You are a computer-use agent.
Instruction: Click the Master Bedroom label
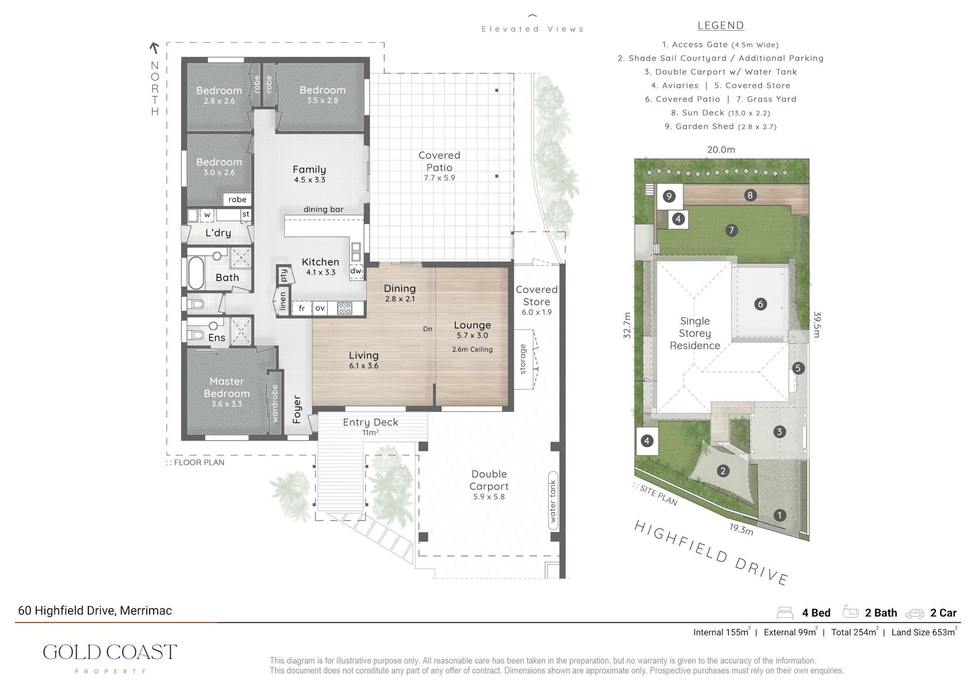point(227,387)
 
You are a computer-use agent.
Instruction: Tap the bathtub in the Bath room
point(196,273)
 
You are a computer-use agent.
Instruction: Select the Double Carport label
point(489,480)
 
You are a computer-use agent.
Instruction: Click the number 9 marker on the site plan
point(669,196)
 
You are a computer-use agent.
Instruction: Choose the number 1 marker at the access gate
point(780,515)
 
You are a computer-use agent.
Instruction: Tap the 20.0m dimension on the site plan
point(721,150)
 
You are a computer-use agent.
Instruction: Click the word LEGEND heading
point(721,26)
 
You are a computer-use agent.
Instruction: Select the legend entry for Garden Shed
point(721,126)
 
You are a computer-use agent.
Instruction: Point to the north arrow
point(155,48)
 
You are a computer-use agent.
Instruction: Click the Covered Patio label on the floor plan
point(439,161)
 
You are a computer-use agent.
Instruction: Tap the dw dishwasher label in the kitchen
point(356,271)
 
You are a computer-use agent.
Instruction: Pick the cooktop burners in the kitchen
point(344,308)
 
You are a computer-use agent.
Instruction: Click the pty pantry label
point(284,275)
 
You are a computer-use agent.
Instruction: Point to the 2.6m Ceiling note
point(472,349)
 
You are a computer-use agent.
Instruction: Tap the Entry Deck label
point(370,422)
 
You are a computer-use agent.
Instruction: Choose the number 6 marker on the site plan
point(761,304)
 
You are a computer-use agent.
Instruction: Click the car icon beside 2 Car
point(915,614)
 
